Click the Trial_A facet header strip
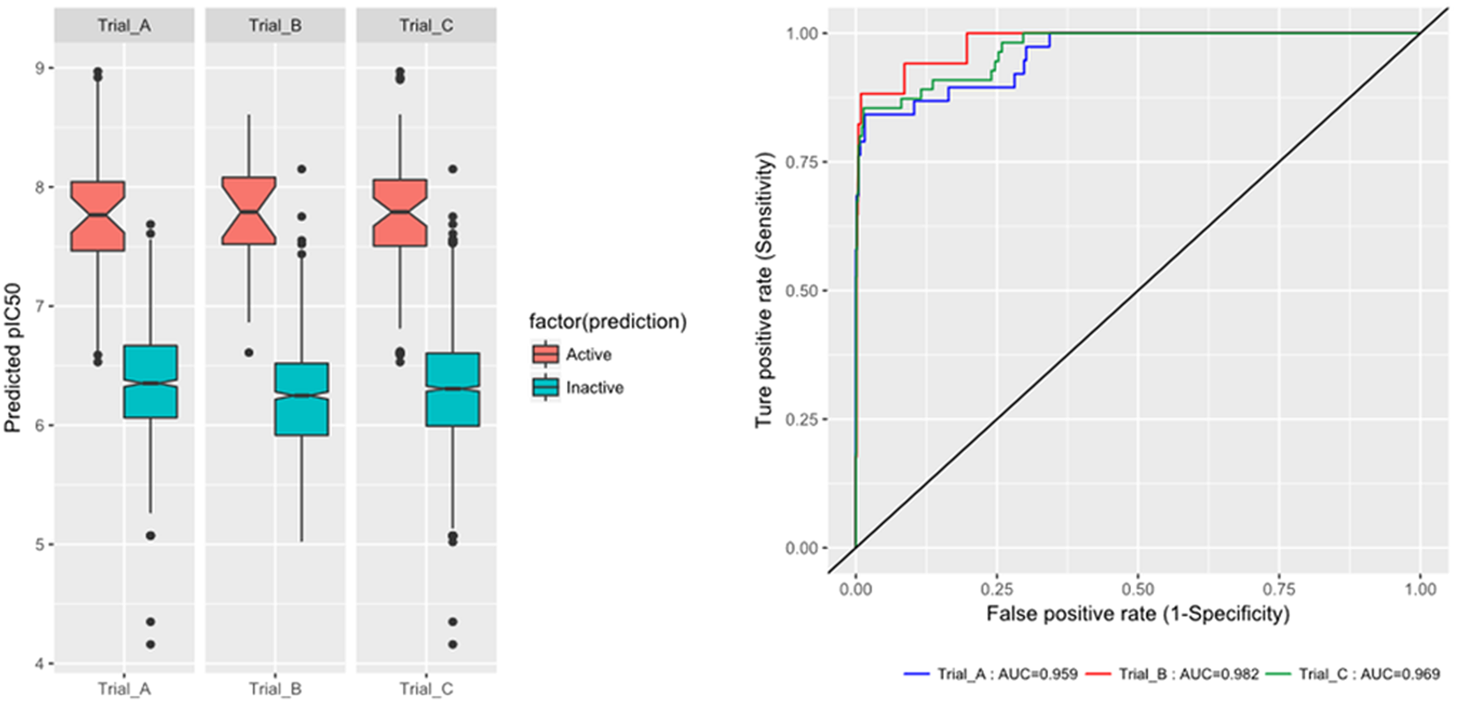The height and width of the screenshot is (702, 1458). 124,26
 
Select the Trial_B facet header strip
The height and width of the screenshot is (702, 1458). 275,26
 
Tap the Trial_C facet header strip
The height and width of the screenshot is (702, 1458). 426,26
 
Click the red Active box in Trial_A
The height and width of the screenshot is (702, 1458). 98,216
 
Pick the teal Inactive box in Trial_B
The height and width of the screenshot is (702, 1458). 301,399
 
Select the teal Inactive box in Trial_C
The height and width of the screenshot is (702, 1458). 452,389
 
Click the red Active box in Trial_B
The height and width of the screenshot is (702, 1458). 248,211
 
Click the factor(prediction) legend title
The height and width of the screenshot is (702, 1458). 607,321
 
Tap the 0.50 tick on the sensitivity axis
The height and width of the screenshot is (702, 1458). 802,291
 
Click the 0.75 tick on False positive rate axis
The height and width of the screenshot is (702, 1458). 1279,589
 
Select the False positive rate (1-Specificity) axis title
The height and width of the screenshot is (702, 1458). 1137,613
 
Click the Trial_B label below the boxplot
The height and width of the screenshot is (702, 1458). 275,689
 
